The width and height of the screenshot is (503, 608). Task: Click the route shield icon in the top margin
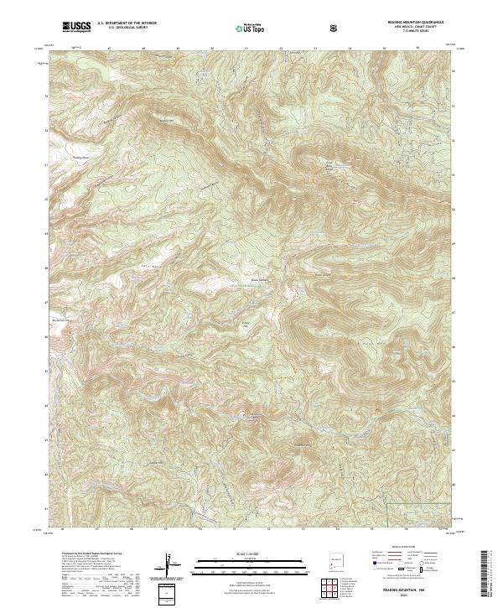[336, 28]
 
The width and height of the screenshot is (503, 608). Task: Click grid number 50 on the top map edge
[211, 49]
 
